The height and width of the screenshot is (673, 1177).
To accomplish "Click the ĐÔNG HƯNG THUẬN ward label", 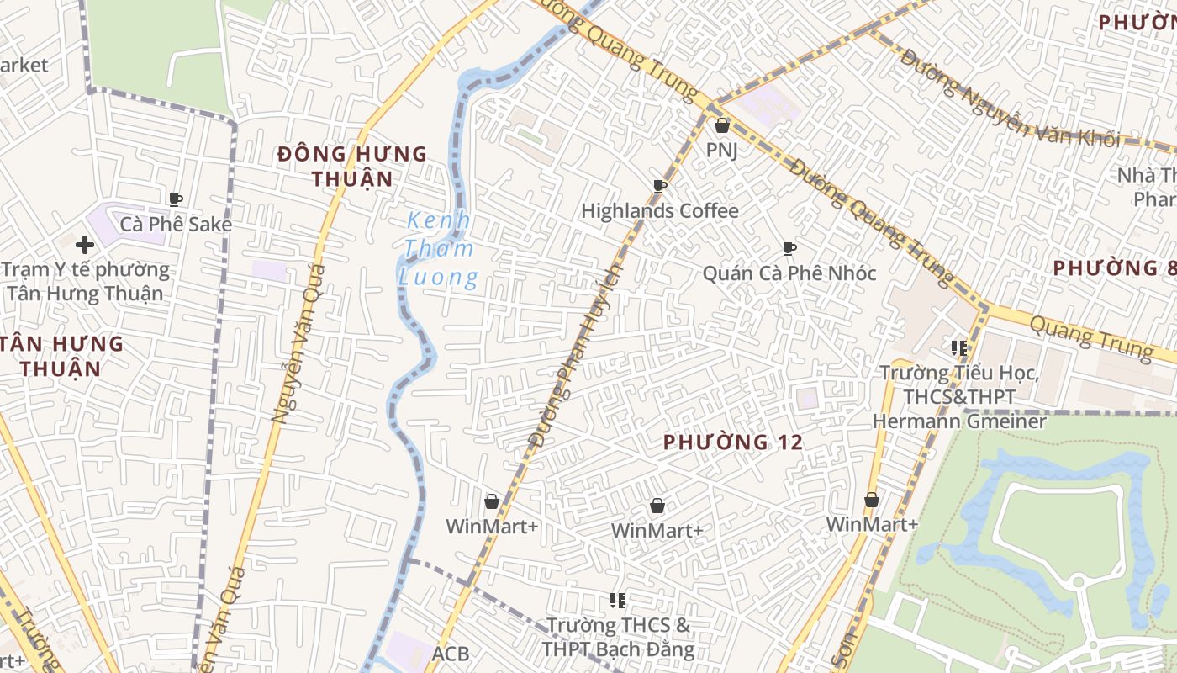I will tap(352, 166).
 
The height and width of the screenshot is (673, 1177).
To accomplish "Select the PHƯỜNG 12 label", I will tap(732, 442).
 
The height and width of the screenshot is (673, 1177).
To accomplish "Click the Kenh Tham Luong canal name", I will tap(440, 249).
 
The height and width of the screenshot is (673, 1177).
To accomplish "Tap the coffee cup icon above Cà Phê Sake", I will tap(176, 199).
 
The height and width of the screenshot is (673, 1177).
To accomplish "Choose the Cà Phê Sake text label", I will tap(176, 225).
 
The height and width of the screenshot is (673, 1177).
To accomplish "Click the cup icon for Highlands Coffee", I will tap(660, 186).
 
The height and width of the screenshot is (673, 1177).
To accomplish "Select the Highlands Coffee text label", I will tap(660, 211).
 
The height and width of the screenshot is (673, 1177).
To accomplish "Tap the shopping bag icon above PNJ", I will tap(721, 126).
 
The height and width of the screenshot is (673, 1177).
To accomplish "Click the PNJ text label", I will tap(721, 151).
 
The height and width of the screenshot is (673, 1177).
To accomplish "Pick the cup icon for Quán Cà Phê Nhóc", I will tap(789, 248).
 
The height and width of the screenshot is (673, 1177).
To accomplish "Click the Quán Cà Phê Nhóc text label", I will tap(789, 273).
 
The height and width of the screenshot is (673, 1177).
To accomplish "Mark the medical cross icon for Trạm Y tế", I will tap(84, 245).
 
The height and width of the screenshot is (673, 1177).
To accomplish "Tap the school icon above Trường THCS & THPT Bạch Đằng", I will tap(618, 601).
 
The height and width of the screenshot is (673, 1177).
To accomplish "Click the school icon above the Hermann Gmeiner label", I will tap(959, 347).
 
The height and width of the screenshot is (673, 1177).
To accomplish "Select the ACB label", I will tap(451, 654).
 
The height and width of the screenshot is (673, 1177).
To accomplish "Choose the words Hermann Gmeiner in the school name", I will tap(959, 421).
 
